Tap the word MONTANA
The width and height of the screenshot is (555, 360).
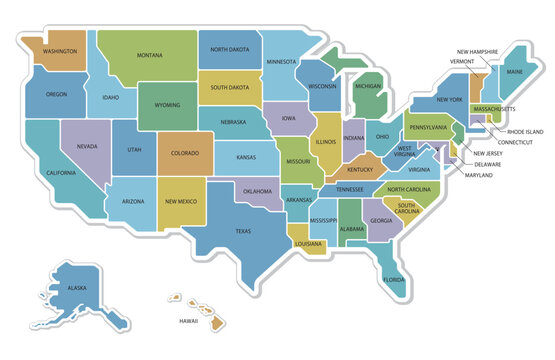[150, 55]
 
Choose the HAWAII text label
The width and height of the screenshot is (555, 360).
[188, 321]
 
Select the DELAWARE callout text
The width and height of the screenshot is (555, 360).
[487, 163]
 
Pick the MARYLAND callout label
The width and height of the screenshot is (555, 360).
[479, 175]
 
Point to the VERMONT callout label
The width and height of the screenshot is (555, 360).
[462, 61]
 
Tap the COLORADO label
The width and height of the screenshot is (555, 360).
[185, 153]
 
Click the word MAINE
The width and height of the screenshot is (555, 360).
[514, 72]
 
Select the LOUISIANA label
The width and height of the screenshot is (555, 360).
[308, 242]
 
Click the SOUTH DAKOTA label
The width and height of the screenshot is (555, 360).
[229, 87]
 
